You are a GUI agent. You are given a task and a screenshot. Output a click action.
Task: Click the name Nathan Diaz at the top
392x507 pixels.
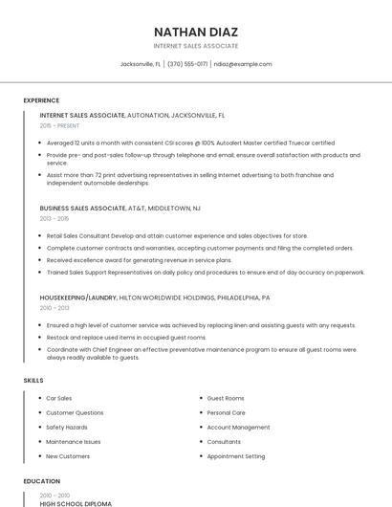195,31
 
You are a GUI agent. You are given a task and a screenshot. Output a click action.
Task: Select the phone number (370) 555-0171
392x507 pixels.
188,64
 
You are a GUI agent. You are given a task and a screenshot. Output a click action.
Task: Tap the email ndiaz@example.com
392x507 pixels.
243,64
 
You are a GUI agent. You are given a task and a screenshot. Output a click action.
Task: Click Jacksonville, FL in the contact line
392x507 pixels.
141,64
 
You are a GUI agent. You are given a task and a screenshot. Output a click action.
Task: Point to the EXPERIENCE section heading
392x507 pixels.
41,100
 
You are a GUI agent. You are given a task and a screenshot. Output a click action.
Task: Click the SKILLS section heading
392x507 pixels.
33,381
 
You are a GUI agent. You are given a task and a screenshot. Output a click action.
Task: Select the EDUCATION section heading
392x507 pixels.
41,481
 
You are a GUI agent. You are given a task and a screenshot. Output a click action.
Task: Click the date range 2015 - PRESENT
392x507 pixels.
59,125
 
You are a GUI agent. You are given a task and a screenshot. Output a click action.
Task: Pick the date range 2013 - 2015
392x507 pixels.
54,218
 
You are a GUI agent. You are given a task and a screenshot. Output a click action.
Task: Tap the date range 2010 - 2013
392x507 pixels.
54,308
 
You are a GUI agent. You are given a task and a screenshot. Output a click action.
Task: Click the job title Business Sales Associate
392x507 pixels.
82,208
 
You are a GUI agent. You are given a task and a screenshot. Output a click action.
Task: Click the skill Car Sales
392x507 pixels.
59,398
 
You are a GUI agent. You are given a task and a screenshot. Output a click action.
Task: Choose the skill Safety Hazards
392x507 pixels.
67,428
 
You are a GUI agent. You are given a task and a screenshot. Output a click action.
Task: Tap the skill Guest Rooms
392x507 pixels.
226,398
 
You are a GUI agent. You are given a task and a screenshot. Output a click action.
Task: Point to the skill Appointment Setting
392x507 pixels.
236,457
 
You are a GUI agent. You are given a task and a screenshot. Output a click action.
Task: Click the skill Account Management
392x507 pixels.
238,428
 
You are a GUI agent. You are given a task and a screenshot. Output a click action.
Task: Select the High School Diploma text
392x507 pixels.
76,503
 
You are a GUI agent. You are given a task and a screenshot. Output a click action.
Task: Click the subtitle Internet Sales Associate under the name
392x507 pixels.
195,46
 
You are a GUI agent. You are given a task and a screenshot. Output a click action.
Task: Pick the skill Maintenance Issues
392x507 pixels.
73,442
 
